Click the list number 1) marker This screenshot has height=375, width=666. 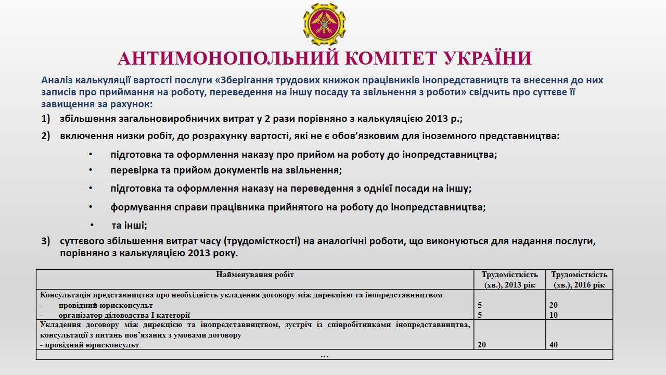(x=46, y=118)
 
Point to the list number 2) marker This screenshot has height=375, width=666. (x=46, y=136)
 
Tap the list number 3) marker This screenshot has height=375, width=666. (x=46, y=242)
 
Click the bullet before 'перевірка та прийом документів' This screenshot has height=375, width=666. (x=91, y=170)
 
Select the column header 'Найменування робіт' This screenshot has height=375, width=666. (x=255, y=274)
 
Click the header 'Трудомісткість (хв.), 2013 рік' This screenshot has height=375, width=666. (x=509, y=279)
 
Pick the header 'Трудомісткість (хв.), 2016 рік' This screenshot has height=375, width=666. (x=579, y=279)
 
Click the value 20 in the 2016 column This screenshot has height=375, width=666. (x=554, y=305)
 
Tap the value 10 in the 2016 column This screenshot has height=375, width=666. (x=554, y=315)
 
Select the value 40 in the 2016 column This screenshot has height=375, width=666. (x=554, y=345)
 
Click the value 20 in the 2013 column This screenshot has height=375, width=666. (x=482, y=345)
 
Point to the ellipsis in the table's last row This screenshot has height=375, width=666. (x=324, y=355)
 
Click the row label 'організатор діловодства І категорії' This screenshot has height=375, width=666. (x=124, y=315)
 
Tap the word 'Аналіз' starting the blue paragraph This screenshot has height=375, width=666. (x=57, y=81)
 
